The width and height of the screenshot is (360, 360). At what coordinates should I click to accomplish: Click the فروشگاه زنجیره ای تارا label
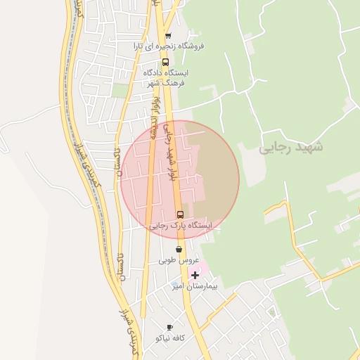[169, 46]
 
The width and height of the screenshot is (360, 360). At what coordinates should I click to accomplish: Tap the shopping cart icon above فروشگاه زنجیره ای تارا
[167, 35]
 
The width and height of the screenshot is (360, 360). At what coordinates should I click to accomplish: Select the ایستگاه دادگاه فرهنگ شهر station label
[166, 77]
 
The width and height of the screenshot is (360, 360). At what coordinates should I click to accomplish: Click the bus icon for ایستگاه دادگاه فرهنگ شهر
[167, 62]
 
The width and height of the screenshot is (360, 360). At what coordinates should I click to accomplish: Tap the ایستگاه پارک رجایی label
[181, 226]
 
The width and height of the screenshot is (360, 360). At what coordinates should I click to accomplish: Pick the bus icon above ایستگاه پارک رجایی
[180, 214]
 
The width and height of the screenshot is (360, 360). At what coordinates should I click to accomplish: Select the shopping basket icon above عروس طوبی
[179, 249]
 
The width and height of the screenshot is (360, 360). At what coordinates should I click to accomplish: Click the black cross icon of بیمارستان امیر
[195, 275]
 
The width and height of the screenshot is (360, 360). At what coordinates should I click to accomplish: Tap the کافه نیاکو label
[169, 338]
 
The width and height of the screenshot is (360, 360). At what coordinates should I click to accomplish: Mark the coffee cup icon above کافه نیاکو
[169, 327]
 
